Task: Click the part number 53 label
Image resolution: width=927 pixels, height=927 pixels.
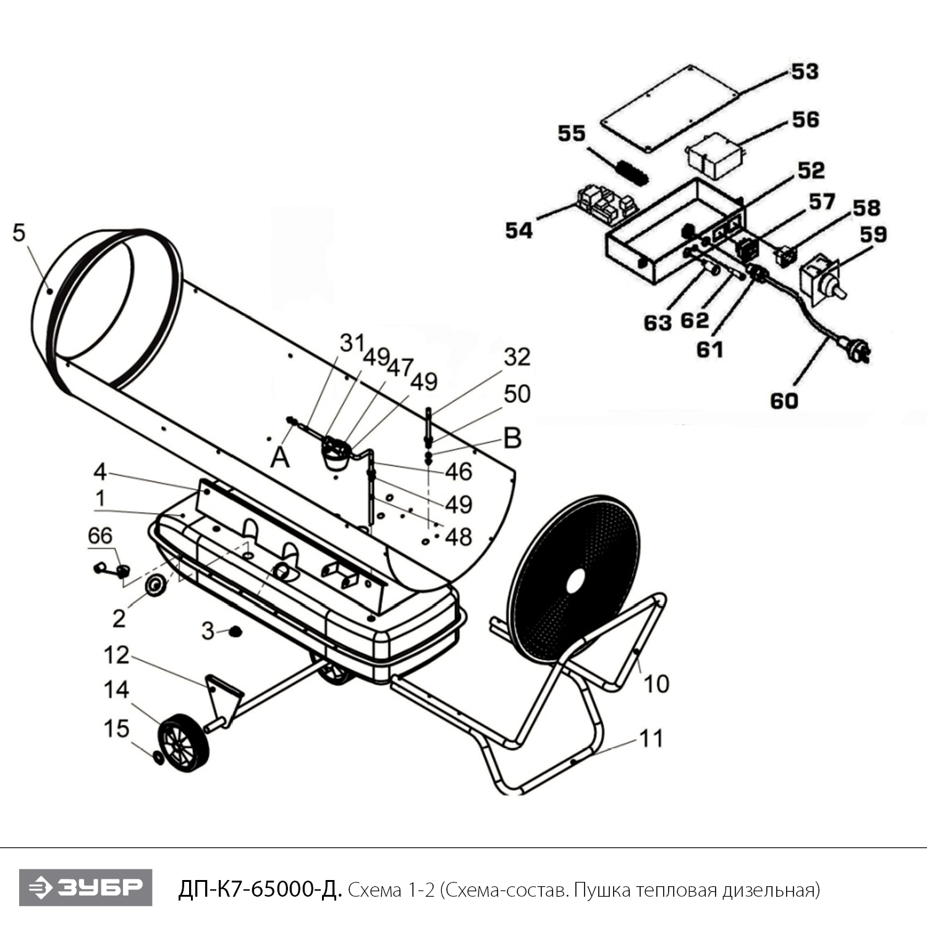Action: point(805,72)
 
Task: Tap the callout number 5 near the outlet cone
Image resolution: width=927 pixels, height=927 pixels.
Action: point(19,233)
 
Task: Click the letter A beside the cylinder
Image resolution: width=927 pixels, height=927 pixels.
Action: point(280,458)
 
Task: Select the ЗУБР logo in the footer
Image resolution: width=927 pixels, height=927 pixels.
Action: point(85,887)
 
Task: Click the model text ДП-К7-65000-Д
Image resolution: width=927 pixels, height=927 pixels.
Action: point(260,890)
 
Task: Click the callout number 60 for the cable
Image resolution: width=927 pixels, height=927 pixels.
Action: point(784,401)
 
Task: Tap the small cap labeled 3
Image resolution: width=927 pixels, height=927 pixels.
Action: point(235,632)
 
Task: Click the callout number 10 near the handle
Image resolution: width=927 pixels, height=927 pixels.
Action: point(656,684)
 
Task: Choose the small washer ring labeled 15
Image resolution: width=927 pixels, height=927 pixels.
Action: point(158,758)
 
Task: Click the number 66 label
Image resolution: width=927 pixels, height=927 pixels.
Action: point(100,536)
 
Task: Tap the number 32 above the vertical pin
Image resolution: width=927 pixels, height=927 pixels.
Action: point(517,357)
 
